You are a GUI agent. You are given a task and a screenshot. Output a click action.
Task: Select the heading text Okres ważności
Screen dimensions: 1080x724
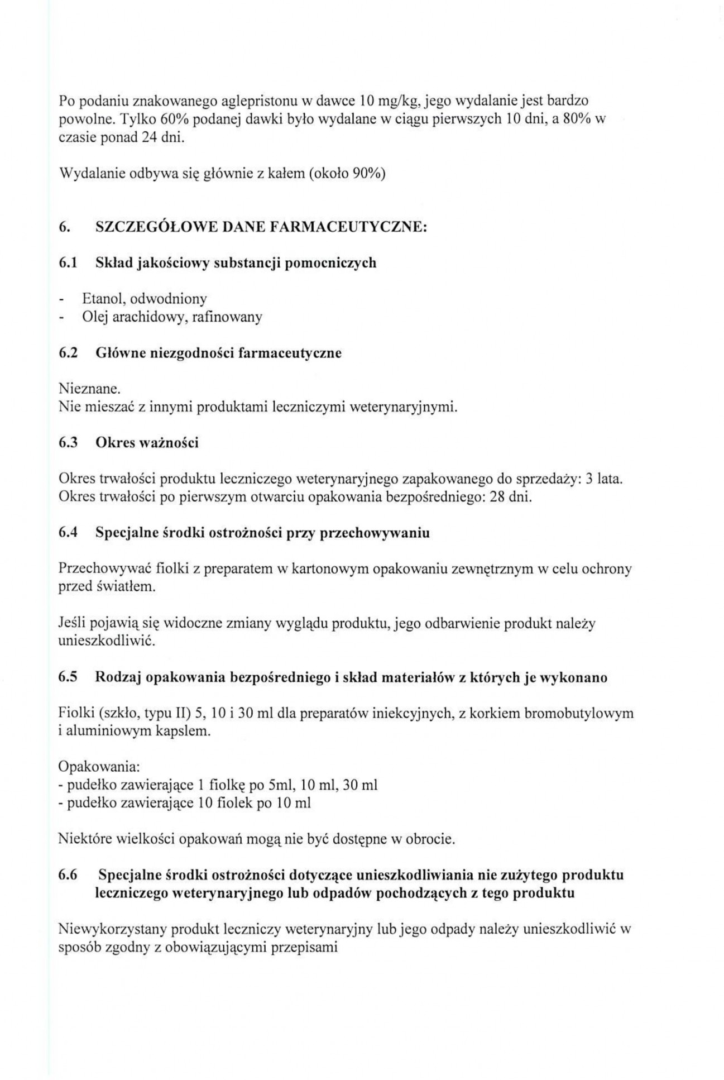pyautogui.click(x=147, y=443)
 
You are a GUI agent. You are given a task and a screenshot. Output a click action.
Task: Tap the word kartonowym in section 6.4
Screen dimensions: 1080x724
pyautogui.click(x=330, y=569)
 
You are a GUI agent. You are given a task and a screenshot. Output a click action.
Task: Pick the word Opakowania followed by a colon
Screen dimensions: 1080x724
pyautogui.click(x=99, y=767)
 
